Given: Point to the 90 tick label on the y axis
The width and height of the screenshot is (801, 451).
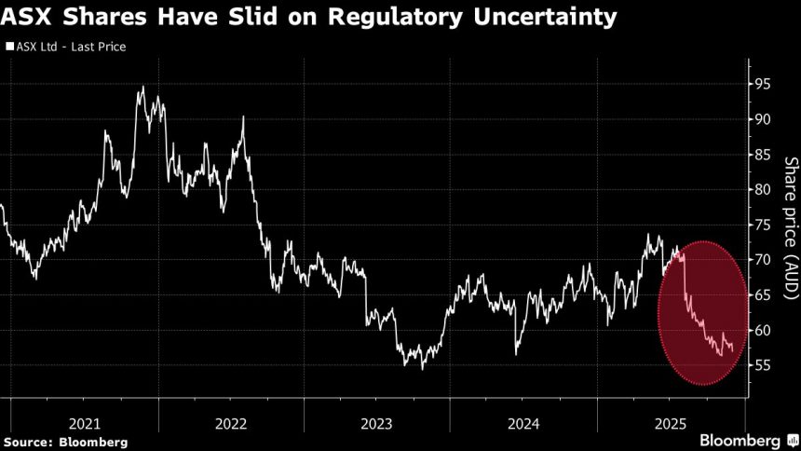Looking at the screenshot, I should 763,119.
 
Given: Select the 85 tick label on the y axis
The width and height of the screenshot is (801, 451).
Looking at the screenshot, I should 763,154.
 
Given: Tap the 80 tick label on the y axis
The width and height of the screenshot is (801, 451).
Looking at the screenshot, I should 763,189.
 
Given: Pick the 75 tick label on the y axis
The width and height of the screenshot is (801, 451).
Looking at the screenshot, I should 763,225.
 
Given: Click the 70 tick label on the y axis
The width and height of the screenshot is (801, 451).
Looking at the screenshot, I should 763,260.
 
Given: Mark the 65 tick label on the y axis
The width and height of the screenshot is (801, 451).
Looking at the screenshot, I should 763,294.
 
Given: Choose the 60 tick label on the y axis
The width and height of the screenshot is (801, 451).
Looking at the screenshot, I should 763,330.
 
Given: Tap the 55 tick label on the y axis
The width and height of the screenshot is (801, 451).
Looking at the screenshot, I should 763,365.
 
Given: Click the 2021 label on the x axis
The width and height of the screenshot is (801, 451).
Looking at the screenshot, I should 84,423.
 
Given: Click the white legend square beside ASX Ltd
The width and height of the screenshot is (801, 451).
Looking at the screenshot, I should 8,46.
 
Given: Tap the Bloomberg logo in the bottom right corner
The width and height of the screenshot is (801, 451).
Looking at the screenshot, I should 740,440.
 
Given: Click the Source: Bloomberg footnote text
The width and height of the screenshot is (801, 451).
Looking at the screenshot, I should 65,441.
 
